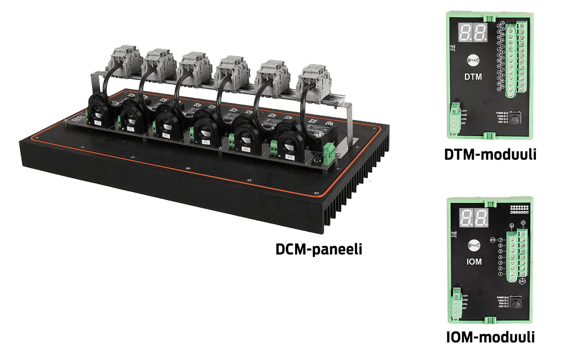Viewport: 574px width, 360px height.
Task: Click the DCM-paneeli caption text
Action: [319, 249]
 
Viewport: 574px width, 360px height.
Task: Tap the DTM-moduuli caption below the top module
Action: [490, 154]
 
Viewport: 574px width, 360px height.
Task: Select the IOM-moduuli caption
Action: [490, 337]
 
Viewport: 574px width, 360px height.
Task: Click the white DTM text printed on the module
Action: [473, 77]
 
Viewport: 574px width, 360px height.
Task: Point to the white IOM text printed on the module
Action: [474, 262]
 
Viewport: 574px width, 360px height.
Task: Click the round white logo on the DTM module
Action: [473, 61]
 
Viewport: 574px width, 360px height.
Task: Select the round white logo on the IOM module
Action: [474, 246]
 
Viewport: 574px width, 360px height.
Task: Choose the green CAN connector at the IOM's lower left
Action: [456, 304]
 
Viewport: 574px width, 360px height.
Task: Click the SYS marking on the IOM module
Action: [493, 240]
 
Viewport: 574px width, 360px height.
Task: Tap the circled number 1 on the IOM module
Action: [501, 274]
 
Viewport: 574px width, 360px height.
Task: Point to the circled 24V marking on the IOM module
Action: [522, 281]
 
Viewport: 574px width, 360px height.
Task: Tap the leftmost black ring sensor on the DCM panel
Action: [97, 111]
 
